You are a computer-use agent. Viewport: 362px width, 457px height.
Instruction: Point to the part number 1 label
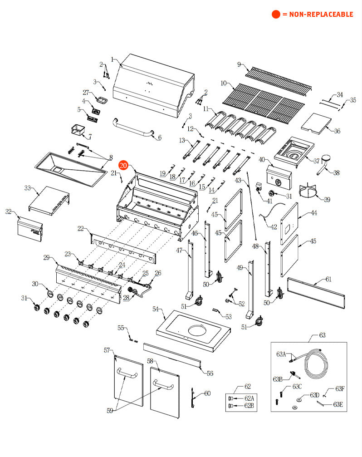[112, 59]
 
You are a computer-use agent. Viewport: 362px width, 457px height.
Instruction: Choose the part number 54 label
[156, 309]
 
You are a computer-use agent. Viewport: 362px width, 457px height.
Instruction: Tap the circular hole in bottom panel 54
[198, 330]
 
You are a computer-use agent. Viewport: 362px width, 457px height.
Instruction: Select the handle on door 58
[163, 387]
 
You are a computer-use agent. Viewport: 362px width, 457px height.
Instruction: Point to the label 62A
[249, 398]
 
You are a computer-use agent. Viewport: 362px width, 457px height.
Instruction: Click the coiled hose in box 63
[315, 363]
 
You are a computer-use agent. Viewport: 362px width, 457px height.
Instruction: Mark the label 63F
[340, 388]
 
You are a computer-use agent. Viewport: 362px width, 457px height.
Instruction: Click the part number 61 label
[328, 279]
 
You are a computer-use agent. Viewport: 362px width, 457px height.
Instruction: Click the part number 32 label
[8, 211]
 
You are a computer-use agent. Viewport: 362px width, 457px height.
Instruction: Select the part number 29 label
[46, 258]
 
